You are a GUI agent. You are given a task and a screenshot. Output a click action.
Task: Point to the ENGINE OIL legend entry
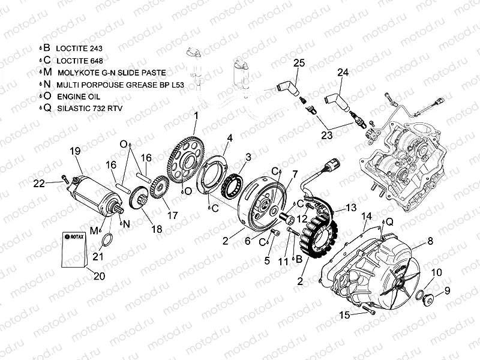pyautogui.click(x=79, y=96)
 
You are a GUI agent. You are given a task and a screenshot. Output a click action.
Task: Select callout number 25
pyautogui.click(x=299, y=63)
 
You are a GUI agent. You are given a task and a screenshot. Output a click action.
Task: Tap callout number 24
pyautogui.click(x=342, y=73)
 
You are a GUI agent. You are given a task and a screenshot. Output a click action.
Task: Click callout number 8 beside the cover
pyautogui.click(x=430, y=241)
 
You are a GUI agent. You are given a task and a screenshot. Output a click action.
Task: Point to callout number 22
pyautogui.click(x=39, y=183)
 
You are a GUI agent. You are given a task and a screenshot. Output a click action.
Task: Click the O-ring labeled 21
pyautogui.click(x=107, y=241)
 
